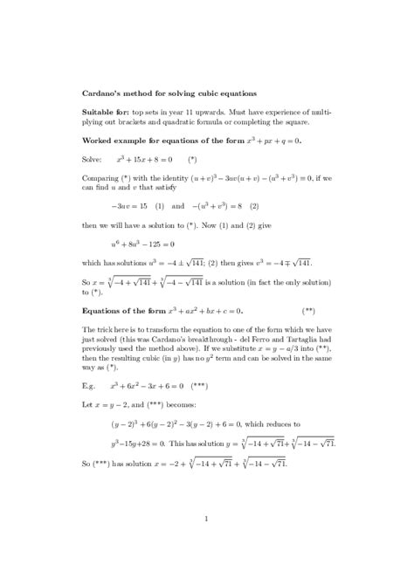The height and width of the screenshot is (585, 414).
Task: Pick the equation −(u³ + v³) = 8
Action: point(219,206)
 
